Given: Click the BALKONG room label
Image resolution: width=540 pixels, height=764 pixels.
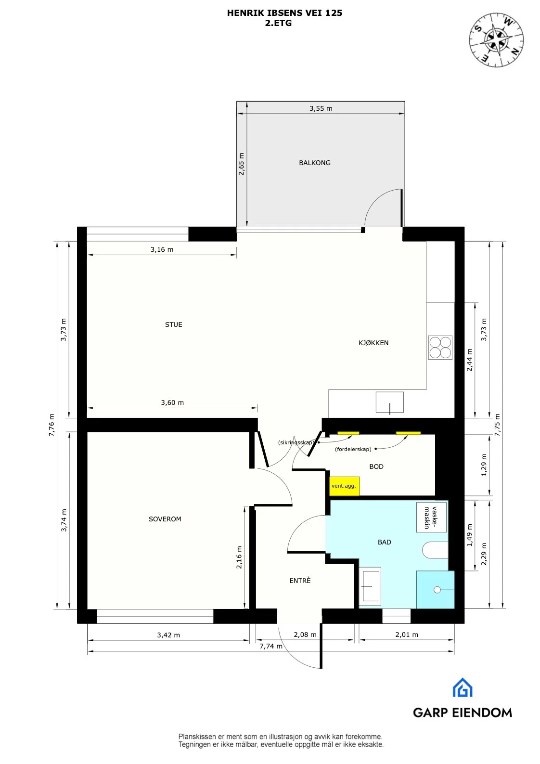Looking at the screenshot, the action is [x=314, y=163].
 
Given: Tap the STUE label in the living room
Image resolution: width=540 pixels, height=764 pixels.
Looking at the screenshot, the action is [x=174, y=324].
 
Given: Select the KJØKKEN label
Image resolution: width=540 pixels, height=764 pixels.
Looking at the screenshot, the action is [x=373, y=343].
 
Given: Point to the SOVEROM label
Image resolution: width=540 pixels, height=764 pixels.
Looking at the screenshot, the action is [x=165, y=519].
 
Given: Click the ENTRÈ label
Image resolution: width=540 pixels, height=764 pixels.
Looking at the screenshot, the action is [x=300, y=581].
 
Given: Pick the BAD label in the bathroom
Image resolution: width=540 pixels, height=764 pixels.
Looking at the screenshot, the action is [x=384, y=542].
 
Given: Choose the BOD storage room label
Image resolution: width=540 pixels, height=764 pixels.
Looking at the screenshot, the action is [x=376, y=466].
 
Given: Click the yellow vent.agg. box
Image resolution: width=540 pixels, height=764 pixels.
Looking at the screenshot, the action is [x=344, y=486].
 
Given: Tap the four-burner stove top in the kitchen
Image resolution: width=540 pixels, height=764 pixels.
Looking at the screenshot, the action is [x=440, y=348].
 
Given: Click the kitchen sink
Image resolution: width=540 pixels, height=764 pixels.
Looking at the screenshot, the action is [x=390, y=402].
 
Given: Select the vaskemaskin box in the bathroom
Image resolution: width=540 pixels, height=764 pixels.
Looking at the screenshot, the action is [x=431, y=518].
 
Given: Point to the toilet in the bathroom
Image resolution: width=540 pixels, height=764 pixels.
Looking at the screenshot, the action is [x=435, y=550].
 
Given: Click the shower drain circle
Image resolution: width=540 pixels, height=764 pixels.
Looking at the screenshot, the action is [x=437, y=589].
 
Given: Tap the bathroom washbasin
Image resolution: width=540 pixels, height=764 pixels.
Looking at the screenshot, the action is [x=370, y=586].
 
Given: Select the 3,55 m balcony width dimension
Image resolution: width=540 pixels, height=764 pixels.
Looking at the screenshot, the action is [x=321, y=108].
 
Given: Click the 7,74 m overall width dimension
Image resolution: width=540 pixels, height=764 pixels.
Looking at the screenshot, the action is [x=271, y=647].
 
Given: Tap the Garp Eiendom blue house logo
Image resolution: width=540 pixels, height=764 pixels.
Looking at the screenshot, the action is [x=462, y=687].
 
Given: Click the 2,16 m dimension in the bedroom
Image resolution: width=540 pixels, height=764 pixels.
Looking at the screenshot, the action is [x=239, y=557].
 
